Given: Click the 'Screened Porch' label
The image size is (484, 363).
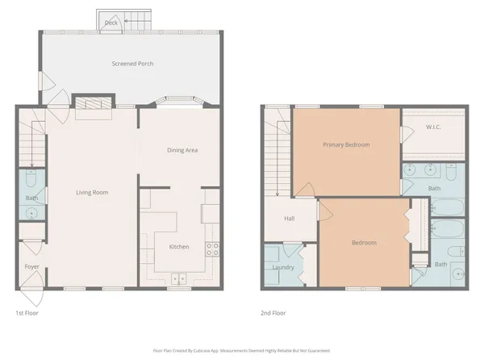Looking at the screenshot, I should [x=132, y=64].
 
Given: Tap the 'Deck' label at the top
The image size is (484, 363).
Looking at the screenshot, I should [x=111, y=23].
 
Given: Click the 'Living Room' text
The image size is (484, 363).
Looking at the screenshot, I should [x=92, y=192].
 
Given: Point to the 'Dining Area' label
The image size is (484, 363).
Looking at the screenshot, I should [x=182, y=150].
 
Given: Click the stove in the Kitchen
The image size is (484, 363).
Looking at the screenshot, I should [x=213, y=249].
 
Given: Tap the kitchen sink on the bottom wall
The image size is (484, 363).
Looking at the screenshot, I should [x=178, y=278].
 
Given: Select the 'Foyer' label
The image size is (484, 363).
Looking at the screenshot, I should [x=31, y=265].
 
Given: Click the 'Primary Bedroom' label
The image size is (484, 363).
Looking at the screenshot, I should [x=346, y=145].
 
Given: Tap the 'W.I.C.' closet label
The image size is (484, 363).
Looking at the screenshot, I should [x=433, y=127].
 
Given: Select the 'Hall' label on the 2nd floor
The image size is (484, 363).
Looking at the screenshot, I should [x=289, y=219].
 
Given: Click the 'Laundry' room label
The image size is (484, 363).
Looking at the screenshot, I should [x=282, y=266].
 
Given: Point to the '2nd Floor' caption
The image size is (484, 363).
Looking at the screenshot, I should [x=273, y=313].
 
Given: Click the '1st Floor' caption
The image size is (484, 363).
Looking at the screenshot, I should [x=27, y=313].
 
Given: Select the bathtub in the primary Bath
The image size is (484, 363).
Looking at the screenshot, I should [x=449, y=207].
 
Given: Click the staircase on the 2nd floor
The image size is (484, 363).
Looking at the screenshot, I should [x=277, y=153].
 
